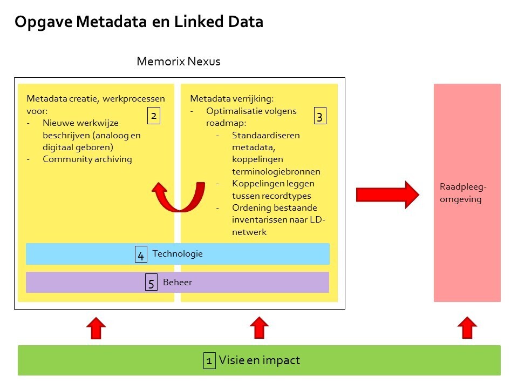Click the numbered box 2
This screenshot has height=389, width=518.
154,116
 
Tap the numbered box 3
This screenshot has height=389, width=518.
320,116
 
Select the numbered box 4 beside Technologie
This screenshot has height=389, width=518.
141,254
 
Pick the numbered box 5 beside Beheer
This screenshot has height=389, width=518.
151,282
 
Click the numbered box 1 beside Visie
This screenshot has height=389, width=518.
209,360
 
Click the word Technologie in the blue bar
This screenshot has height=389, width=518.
178,254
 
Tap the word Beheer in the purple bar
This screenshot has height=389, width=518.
178,282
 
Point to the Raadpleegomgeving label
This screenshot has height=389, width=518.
463,193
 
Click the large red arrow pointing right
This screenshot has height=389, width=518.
387,195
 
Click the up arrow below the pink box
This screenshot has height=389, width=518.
467,328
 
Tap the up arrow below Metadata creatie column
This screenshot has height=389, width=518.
96,328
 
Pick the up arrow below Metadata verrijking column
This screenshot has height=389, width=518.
260,328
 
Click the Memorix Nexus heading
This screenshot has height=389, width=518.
179,61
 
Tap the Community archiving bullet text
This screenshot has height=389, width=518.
87,159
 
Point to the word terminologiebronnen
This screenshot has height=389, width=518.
276,171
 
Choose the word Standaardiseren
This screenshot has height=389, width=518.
266,135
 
